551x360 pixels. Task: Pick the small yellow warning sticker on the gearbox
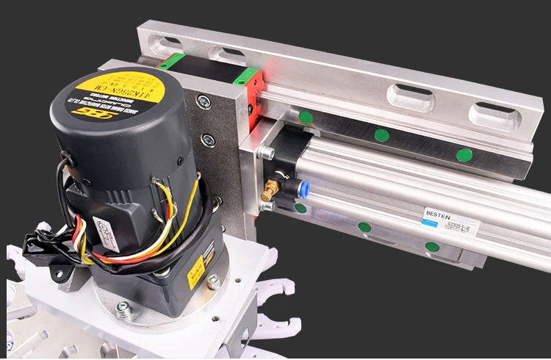click(x=196, y=272)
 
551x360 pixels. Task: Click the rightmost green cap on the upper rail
click(x=464, y=155)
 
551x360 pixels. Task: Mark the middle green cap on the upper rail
click(x=381, y=135)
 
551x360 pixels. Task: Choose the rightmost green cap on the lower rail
click(x=433, y=247)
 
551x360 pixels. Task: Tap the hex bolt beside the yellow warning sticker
click(x=214, y=281)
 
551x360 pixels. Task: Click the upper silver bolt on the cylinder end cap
click(x=266, y=153)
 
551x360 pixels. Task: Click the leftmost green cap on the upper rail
click(x=306, y=117)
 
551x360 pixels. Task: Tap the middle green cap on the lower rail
click(x=364, y=227)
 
